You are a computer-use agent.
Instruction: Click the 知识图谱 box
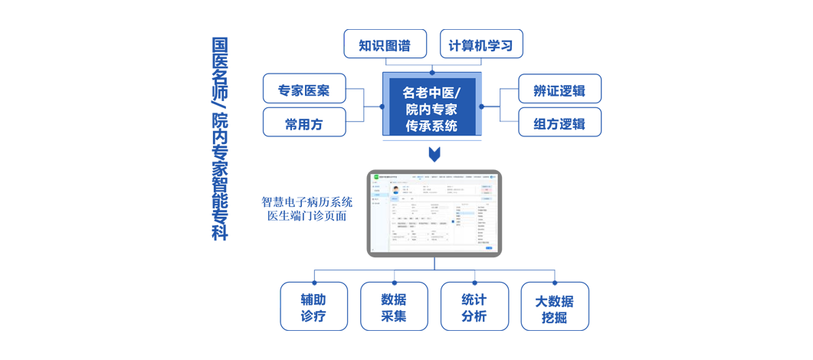point(385,44)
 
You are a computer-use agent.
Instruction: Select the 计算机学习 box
point(481,44)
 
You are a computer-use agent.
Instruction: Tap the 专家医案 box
point(304,89)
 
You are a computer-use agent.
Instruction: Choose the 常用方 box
point(304,123)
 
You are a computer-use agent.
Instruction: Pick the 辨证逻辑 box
point(559,89)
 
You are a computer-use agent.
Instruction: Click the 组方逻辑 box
point(559,123)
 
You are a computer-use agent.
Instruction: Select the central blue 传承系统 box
point(432,106)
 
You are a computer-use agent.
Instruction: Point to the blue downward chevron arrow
point(434,154)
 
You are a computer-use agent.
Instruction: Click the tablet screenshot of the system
point(434,214)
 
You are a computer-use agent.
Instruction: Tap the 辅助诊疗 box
point(313,307)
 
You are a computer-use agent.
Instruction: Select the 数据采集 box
point(394,307)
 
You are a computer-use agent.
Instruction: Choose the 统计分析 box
point(474,307)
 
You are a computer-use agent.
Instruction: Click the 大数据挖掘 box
point(555,307)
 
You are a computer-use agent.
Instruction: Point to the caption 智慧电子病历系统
point(307,202)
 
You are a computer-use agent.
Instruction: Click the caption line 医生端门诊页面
point(307,216)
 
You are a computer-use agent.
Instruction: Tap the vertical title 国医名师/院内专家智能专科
point(220,138)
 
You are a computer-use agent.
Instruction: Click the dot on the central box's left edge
point(382,106)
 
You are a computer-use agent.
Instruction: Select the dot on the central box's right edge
point(482,106)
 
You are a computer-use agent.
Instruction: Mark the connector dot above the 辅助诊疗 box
point(314,283)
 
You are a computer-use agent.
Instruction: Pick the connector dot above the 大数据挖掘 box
point(555,283)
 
